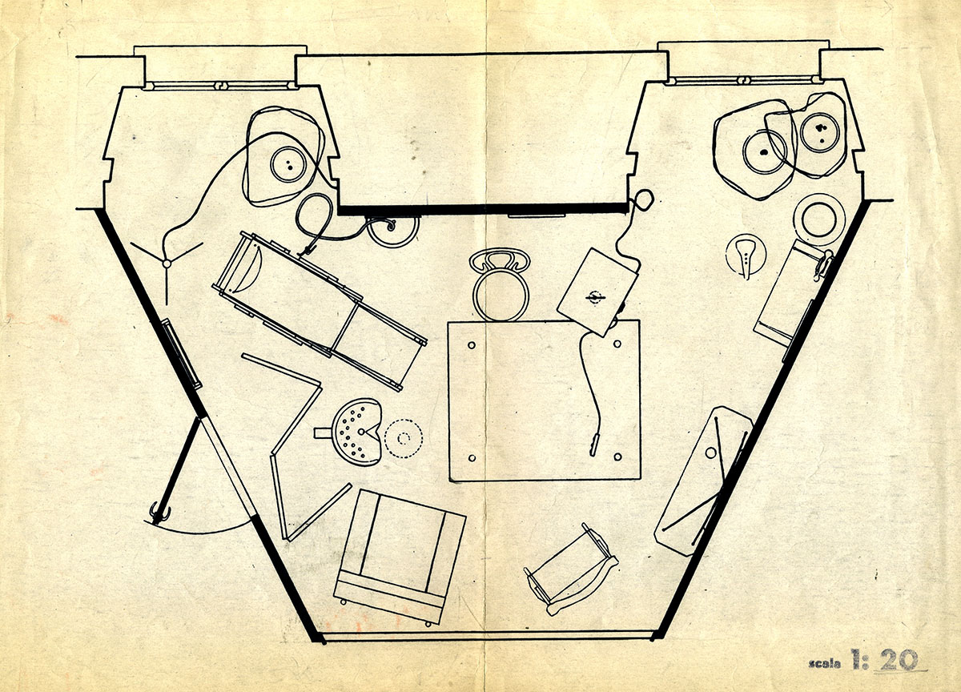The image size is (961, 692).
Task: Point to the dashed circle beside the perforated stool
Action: (x=403, y=437)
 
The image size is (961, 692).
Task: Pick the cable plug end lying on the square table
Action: (x=593, y=440)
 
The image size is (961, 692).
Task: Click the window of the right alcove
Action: (x=742, y=80)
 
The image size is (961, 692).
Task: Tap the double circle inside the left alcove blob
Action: (x=287, y=166)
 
